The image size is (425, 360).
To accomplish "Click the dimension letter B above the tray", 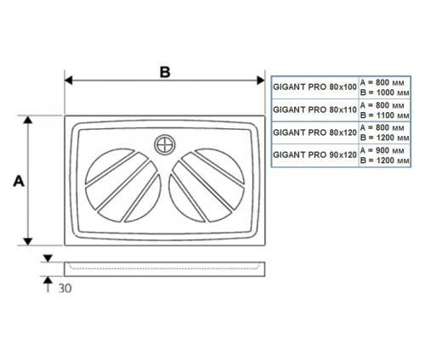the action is (x=165, y=72).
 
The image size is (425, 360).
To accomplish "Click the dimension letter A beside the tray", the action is (x=19, y=181).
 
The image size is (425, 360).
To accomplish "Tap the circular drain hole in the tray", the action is (x=165, y=145).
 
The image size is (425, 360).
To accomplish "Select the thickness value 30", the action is (x=65, y=289).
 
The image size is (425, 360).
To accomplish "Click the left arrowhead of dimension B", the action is (x=68, y=81).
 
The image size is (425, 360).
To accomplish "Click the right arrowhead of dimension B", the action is (x=261, y=81).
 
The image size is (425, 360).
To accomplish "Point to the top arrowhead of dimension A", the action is (x=28, y=120).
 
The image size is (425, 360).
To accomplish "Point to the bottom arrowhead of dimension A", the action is (x=28, y=241).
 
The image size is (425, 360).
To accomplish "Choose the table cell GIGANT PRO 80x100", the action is (x=314, y=87).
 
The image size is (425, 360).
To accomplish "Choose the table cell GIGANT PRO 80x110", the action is (x=314, y=110).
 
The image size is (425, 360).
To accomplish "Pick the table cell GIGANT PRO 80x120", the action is (x=314, y=132).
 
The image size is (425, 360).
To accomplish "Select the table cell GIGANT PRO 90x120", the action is (x=314, y=155).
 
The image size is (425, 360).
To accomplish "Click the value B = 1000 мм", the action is (x=384, y=93).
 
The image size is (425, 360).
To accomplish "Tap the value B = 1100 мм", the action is (x=384, y=115).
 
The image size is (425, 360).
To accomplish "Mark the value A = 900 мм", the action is (x=382, y=150).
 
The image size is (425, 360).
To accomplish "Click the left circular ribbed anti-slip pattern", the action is (x=123, y=185).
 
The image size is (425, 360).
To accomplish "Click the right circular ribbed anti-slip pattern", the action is (x=207, y=185).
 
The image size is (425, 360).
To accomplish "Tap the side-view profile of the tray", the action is (x=165, y=269).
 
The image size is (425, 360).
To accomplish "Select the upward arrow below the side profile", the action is (x=48, y=284).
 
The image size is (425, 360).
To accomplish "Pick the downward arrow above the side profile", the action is (x=48, y=258).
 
